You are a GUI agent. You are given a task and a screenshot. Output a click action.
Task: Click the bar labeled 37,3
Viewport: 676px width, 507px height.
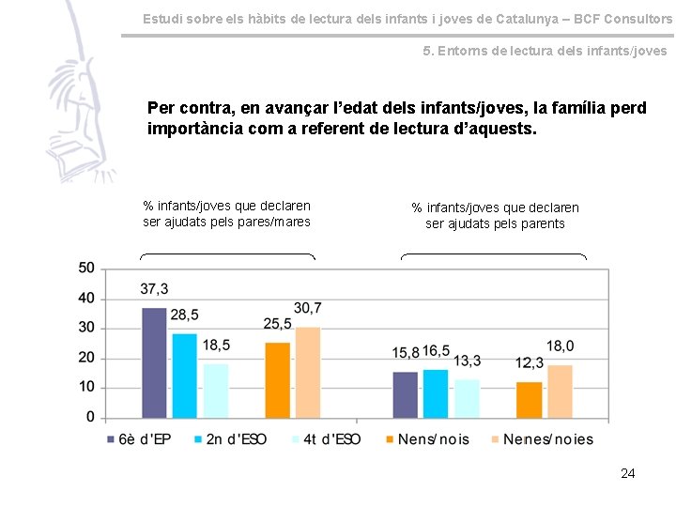(154, 362)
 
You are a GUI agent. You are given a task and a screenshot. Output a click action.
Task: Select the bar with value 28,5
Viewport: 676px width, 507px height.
(185, 376)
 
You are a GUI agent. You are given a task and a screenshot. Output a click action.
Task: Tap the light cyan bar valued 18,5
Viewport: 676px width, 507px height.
(216, 391)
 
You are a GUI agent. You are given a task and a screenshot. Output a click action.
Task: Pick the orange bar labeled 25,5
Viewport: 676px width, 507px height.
(277, 380)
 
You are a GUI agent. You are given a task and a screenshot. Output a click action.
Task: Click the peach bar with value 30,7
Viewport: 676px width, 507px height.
(308, 372)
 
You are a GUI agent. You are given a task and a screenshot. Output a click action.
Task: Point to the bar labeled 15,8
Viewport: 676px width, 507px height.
(405, 394)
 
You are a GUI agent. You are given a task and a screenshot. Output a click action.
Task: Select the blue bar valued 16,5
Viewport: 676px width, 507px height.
(436, 393)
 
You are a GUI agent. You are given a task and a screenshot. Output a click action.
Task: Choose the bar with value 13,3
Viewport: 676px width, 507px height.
(467, 398)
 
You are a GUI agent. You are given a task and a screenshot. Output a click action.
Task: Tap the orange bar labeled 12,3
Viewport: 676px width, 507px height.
(529, 400)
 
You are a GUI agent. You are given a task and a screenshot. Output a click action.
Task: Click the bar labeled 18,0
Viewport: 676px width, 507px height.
(560, 392)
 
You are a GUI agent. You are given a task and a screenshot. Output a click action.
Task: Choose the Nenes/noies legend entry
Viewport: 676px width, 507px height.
(541, 439)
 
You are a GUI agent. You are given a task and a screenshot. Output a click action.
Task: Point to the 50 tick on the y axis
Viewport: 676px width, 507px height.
(86, 269)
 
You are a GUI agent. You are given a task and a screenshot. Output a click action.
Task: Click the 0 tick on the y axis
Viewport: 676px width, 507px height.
(90, 417)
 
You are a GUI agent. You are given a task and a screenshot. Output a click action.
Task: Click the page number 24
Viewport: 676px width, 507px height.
(627, 473)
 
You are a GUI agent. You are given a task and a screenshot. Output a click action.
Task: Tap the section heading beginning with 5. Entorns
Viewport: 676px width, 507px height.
(545, 51)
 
